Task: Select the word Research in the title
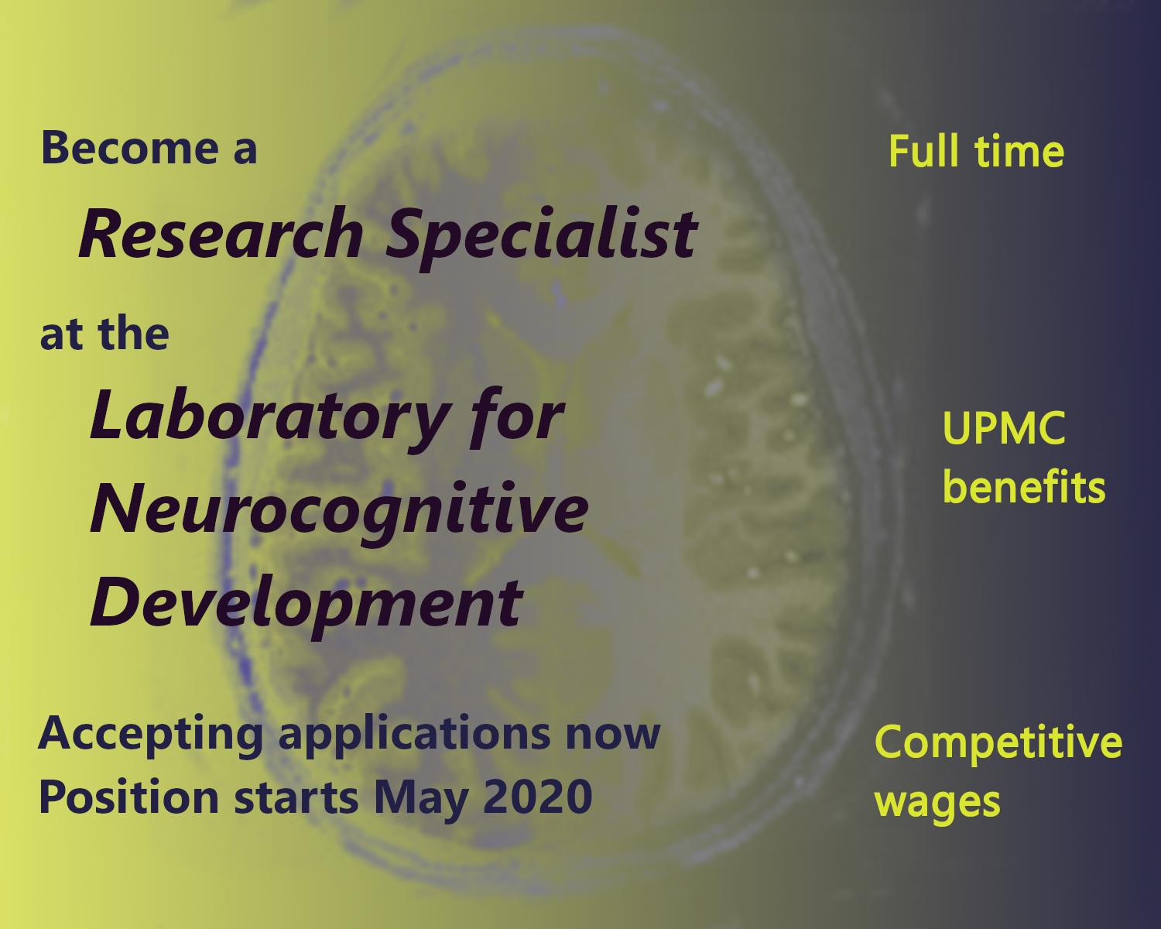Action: (x=221, y=234)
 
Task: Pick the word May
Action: (x=420, y=798)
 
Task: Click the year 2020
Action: (x=538, y=797)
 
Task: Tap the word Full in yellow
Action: (x=926, y=151)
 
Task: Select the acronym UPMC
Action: (x=1004, y=428)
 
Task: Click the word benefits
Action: (x=1024, y=488)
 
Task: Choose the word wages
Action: (x=937, y=803)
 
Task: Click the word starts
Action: (x=296, y=798)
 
